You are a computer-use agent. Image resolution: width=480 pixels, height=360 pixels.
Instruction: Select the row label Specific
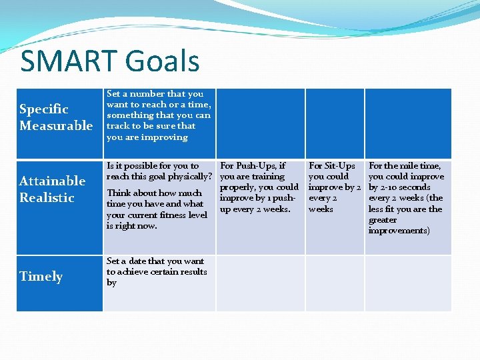[44, 109]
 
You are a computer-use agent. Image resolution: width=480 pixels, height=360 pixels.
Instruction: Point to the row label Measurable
[56, 125]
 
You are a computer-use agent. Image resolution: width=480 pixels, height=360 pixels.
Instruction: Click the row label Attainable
[52, 181]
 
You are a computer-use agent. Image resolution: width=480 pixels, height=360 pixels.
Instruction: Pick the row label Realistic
[47, 197]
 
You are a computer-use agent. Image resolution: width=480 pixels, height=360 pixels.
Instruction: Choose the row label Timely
[41, 277]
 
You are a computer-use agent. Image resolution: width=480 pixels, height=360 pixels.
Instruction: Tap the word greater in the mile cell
[383, 220]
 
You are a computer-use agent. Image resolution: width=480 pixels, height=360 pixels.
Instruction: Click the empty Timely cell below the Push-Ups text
[261, 283]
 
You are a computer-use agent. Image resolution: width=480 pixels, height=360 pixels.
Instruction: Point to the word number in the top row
[145, 94]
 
